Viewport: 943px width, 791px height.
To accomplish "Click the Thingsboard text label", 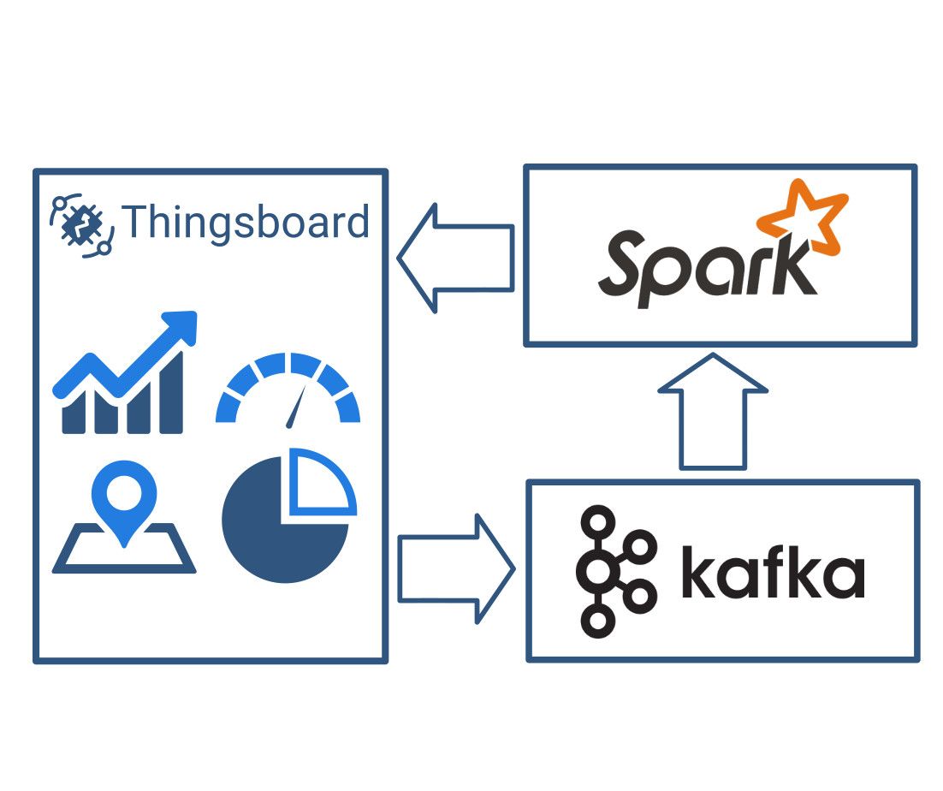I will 246,223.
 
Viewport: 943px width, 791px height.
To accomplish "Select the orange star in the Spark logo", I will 801,217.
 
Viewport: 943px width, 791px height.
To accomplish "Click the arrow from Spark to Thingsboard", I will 455,257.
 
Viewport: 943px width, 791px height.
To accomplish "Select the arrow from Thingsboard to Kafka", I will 455,568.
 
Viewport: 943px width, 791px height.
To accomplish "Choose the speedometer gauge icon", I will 288,389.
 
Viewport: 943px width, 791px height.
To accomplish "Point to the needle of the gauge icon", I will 296,406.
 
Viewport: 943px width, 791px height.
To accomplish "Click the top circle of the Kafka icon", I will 597,519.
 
